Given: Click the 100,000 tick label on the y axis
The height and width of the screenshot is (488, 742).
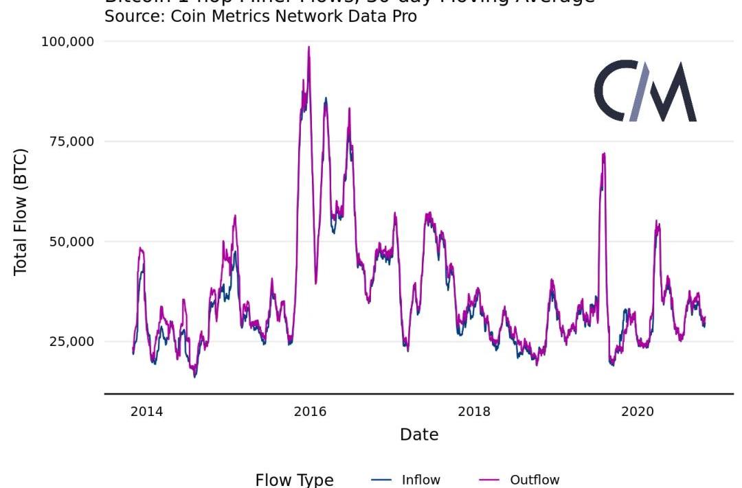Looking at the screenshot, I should tap(67, 42).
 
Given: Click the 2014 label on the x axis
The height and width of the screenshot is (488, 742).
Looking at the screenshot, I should tap(146, 412).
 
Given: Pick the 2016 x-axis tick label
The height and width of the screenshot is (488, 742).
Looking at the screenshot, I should tap(310, 412).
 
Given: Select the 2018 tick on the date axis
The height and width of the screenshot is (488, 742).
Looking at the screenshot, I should tap(474, 412).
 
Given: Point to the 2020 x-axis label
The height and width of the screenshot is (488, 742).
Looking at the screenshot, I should tap(638, 412).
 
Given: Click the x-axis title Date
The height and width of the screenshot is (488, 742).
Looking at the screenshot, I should tap(419, 434).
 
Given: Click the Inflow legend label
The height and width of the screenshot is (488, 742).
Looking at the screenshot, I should tap(420, 480).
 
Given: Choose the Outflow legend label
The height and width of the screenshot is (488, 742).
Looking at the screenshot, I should tap(535, 480).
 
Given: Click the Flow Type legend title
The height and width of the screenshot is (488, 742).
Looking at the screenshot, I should tap(294, 480).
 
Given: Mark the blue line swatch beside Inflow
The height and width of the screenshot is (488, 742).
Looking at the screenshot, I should tap(381, 480).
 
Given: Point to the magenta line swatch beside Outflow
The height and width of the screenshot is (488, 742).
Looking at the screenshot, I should tap(488, 480).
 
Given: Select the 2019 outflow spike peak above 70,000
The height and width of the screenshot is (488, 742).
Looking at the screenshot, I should tap(603, 154).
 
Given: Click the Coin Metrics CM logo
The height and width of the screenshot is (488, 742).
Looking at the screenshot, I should tap(645, 91).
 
